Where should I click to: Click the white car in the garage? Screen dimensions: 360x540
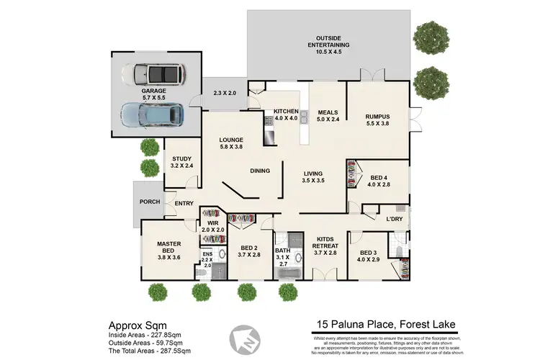click(x=152, y=73)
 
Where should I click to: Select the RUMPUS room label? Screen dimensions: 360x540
click(x=377, y=120)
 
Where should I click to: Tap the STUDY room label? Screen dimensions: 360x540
click(x=183, y=162)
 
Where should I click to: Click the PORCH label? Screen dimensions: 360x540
click(x=150, y=201)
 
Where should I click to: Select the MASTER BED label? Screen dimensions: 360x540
click(x=168, y=248)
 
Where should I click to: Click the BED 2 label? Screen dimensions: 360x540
click(x=249, y=250)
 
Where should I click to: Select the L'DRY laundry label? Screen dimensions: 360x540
click(x=393, y=218)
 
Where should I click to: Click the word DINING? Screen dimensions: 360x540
click(x=259, y=171)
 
